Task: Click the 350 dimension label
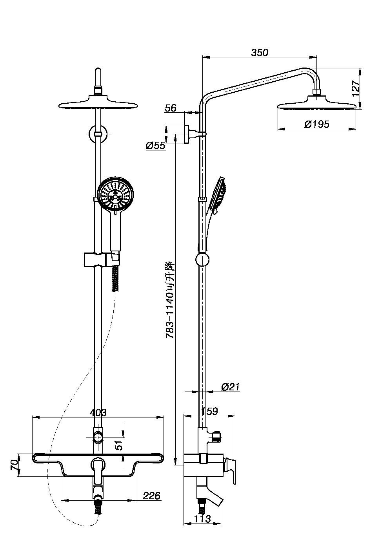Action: pyautogui.click(x=260, y=53)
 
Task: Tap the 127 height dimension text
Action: pyautogui.click(x=355, y=88)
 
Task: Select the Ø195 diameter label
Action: pyautogui.click(x=316, y=124)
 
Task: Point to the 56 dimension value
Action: pyautogui.click(x=171, y=108)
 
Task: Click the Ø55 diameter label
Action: pyautogui.click(x=156, y=146)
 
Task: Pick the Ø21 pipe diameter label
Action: pyautogui.click(x=230, y=387)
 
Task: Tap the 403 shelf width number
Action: pyautogui.click(x=98, y=412)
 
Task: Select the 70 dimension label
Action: pyautogui.click(x=14, y=465)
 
